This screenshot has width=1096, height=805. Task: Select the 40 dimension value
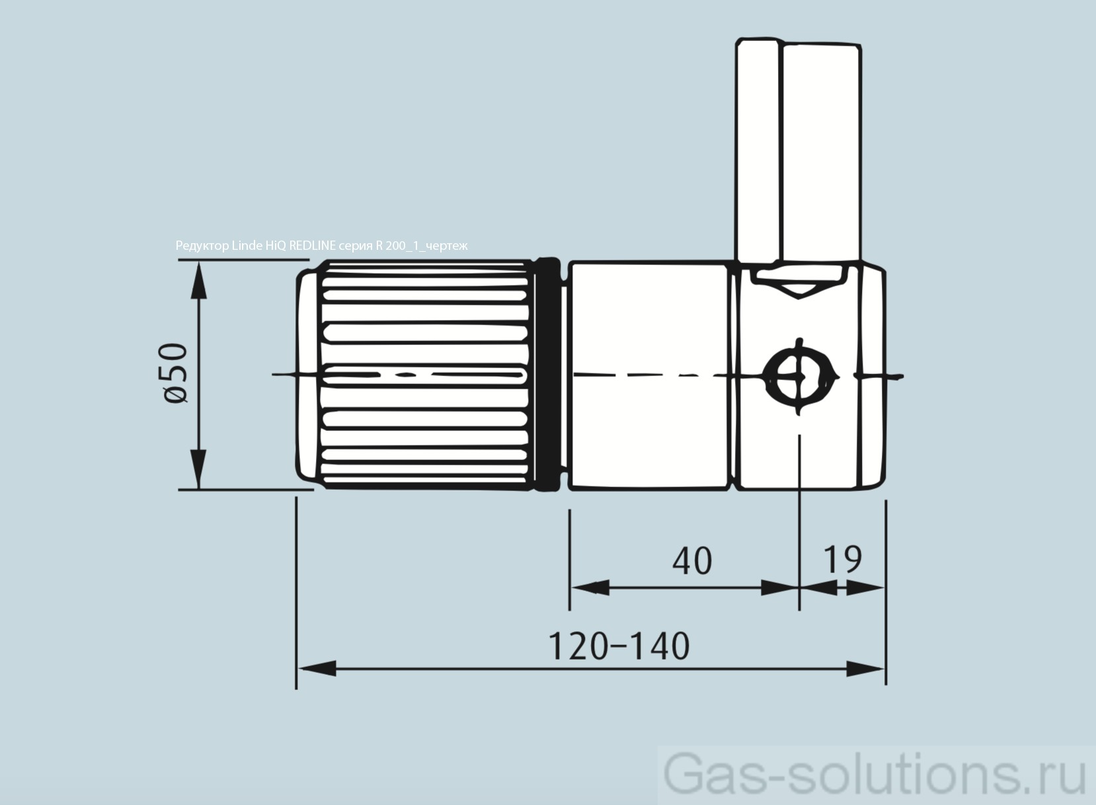pos(692,561)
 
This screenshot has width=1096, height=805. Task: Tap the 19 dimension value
pos(842,559)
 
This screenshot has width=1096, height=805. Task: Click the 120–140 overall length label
pos(619,646)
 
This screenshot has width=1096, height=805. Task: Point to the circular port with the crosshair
pos(799,377)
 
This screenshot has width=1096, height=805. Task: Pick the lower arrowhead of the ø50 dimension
pos(198,469)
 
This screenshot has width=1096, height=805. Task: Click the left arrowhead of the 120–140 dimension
pos(317,668)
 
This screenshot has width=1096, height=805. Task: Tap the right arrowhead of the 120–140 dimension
pos(866,668)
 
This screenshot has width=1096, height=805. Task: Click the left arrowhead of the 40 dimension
pos(588,587)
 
